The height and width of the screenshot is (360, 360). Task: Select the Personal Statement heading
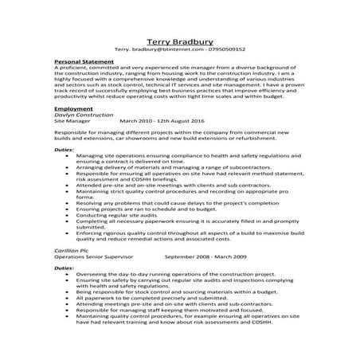83,61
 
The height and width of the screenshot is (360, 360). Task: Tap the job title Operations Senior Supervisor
89,256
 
